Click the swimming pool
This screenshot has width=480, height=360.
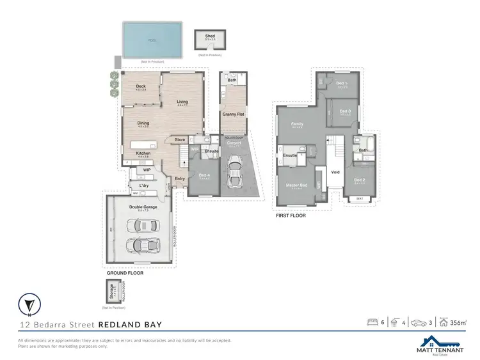pyautogui.click(x=152, y=39)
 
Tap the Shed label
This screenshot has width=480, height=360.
pyautogui.click(x=210, y=36)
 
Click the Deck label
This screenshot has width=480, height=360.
pyautogui.click(x=141, y=86)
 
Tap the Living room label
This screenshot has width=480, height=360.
pyautogui.click(x=182, y=102)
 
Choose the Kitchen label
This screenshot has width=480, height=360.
pyautogui.click(x=143, y=153)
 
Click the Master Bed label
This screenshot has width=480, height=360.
pyautogui.click(x=296, y=186)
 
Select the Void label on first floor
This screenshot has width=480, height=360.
pyautogui.click(x=335, y=171)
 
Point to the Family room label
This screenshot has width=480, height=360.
pyautogui.click(x=297, y=123)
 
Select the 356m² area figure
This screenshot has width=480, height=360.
pyautogui.click(x=458, y=322)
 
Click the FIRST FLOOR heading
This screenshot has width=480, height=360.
pyautogui.click(x=290, y=215)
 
